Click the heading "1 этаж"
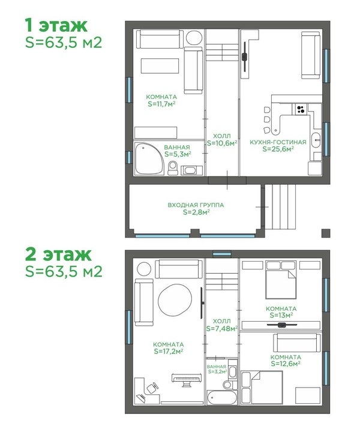click(x=56, y=26)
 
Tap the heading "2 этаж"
click(x=58, y=254)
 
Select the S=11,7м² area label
click(x=161, y=104)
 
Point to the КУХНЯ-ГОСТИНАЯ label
click(x=278, y=142)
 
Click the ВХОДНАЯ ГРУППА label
click(x=196, y=205)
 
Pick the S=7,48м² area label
click(x=222, y=328)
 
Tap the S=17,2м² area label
click(x=169, y=351)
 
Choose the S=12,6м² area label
click(x=286, y=364)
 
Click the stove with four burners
click(x=301, y=109)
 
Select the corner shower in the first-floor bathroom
click(x=148, y=159)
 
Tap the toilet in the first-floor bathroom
click(x=173, y=168)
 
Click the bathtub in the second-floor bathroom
click(x=222, y=397)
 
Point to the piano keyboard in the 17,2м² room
click(x=187, y=379)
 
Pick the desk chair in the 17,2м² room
click(x=152, y=388)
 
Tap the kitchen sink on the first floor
click(x=316, y=140)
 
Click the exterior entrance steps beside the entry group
click(x=280, y=207)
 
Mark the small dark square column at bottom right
click(x=326, y=233)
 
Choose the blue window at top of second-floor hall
click(x=221, y=254)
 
